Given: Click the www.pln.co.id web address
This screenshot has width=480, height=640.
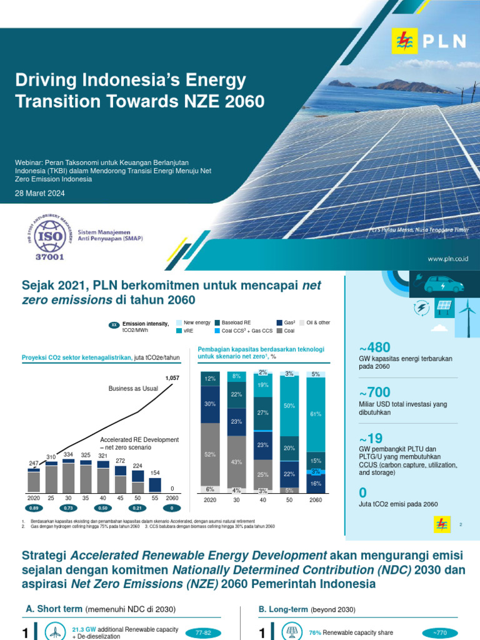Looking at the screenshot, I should (x=448, y=258).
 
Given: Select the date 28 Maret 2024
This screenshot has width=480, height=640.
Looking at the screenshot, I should (x=39, y=194).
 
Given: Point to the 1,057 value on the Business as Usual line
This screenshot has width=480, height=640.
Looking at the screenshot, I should (x=172, y=378).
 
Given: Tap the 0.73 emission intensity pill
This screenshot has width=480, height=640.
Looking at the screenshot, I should (x=69, y=509).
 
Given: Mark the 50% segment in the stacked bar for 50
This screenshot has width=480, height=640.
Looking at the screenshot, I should (x=289, y=406).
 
